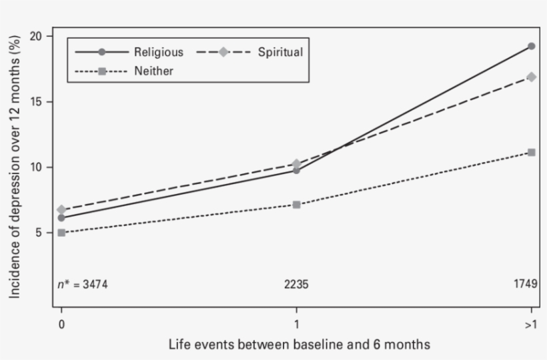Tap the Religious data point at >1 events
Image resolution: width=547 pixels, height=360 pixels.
point(531,46)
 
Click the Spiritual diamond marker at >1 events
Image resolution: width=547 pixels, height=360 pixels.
point(531,77)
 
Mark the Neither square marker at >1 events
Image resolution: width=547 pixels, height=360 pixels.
point(531,153)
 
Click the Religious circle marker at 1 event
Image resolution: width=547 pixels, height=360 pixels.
point(296,171)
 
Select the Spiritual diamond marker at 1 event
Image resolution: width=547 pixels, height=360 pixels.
point(296,164)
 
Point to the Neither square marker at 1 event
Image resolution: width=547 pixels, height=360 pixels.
point(296,205)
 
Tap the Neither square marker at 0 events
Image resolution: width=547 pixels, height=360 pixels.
point(61,233)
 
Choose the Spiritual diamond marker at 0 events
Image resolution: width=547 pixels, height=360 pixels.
point(61,210)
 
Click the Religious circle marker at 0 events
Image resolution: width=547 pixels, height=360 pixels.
point(61,218)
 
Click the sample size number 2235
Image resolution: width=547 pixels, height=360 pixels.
point(296,285)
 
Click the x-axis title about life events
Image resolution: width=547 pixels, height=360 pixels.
point(299,344)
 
